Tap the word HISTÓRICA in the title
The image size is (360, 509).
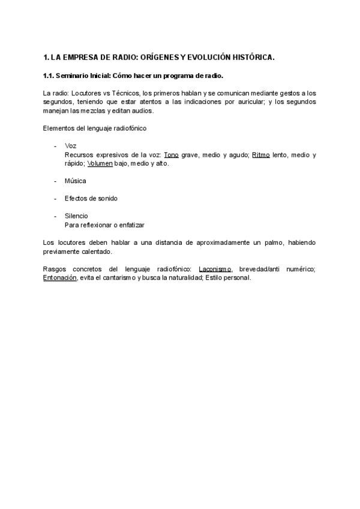250,58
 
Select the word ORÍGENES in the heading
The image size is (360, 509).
158,58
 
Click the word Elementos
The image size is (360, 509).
58,128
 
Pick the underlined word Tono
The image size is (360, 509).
172,155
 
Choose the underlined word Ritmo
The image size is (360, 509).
260,155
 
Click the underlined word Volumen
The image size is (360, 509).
100,163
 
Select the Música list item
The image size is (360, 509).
76,181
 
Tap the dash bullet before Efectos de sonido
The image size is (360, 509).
55,198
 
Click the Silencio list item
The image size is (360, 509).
76,215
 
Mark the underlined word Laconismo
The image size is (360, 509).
215,270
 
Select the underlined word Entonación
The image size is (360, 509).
60,278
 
